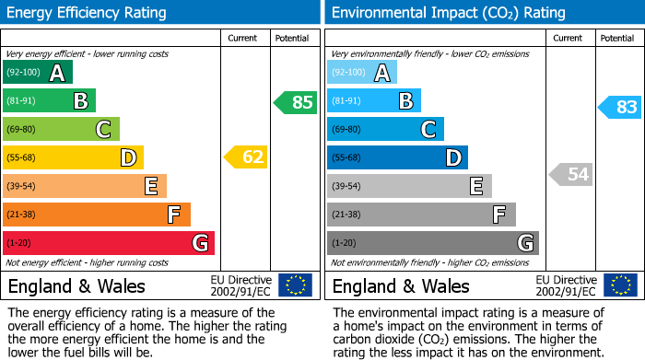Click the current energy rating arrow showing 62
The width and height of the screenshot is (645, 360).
coord(246,157)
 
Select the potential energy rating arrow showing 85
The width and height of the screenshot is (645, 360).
coord(296,102)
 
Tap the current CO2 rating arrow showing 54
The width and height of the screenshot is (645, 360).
coord(570,174)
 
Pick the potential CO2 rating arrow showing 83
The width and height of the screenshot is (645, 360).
coord(620,108)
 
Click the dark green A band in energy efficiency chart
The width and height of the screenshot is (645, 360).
coord(38,73)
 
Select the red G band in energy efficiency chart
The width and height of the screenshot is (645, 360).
coord(109,243)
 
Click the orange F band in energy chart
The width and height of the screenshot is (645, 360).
coord(97,215)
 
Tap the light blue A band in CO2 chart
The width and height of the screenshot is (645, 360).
coord(362,73)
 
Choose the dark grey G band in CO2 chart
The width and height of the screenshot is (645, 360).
coord(433,243)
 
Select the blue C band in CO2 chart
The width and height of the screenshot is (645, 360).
coord(385,129)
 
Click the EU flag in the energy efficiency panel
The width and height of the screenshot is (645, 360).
coord(295,285)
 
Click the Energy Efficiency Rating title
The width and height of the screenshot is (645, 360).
coord(88,13)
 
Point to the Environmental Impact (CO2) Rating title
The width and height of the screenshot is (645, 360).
coord(448,13)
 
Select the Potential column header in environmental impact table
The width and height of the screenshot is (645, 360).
coord(616,38)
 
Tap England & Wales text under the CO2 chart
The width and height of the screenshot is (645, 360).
coord(401,285)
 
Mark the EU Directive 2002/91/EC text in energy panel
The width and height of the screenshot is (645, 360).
coord(241,285)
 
